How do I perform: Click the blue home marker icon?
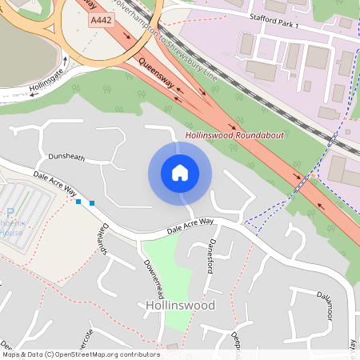coord(180,173)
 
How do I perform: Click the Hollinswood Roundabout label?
coord(234,136)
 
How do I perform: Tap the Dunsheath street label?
coord(66,158)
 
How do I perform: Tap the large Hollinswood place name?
coord(181,306)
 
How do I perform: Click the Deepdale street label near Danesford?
coord(236,340)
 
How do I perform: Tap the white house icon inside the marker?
coord(180,173)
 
